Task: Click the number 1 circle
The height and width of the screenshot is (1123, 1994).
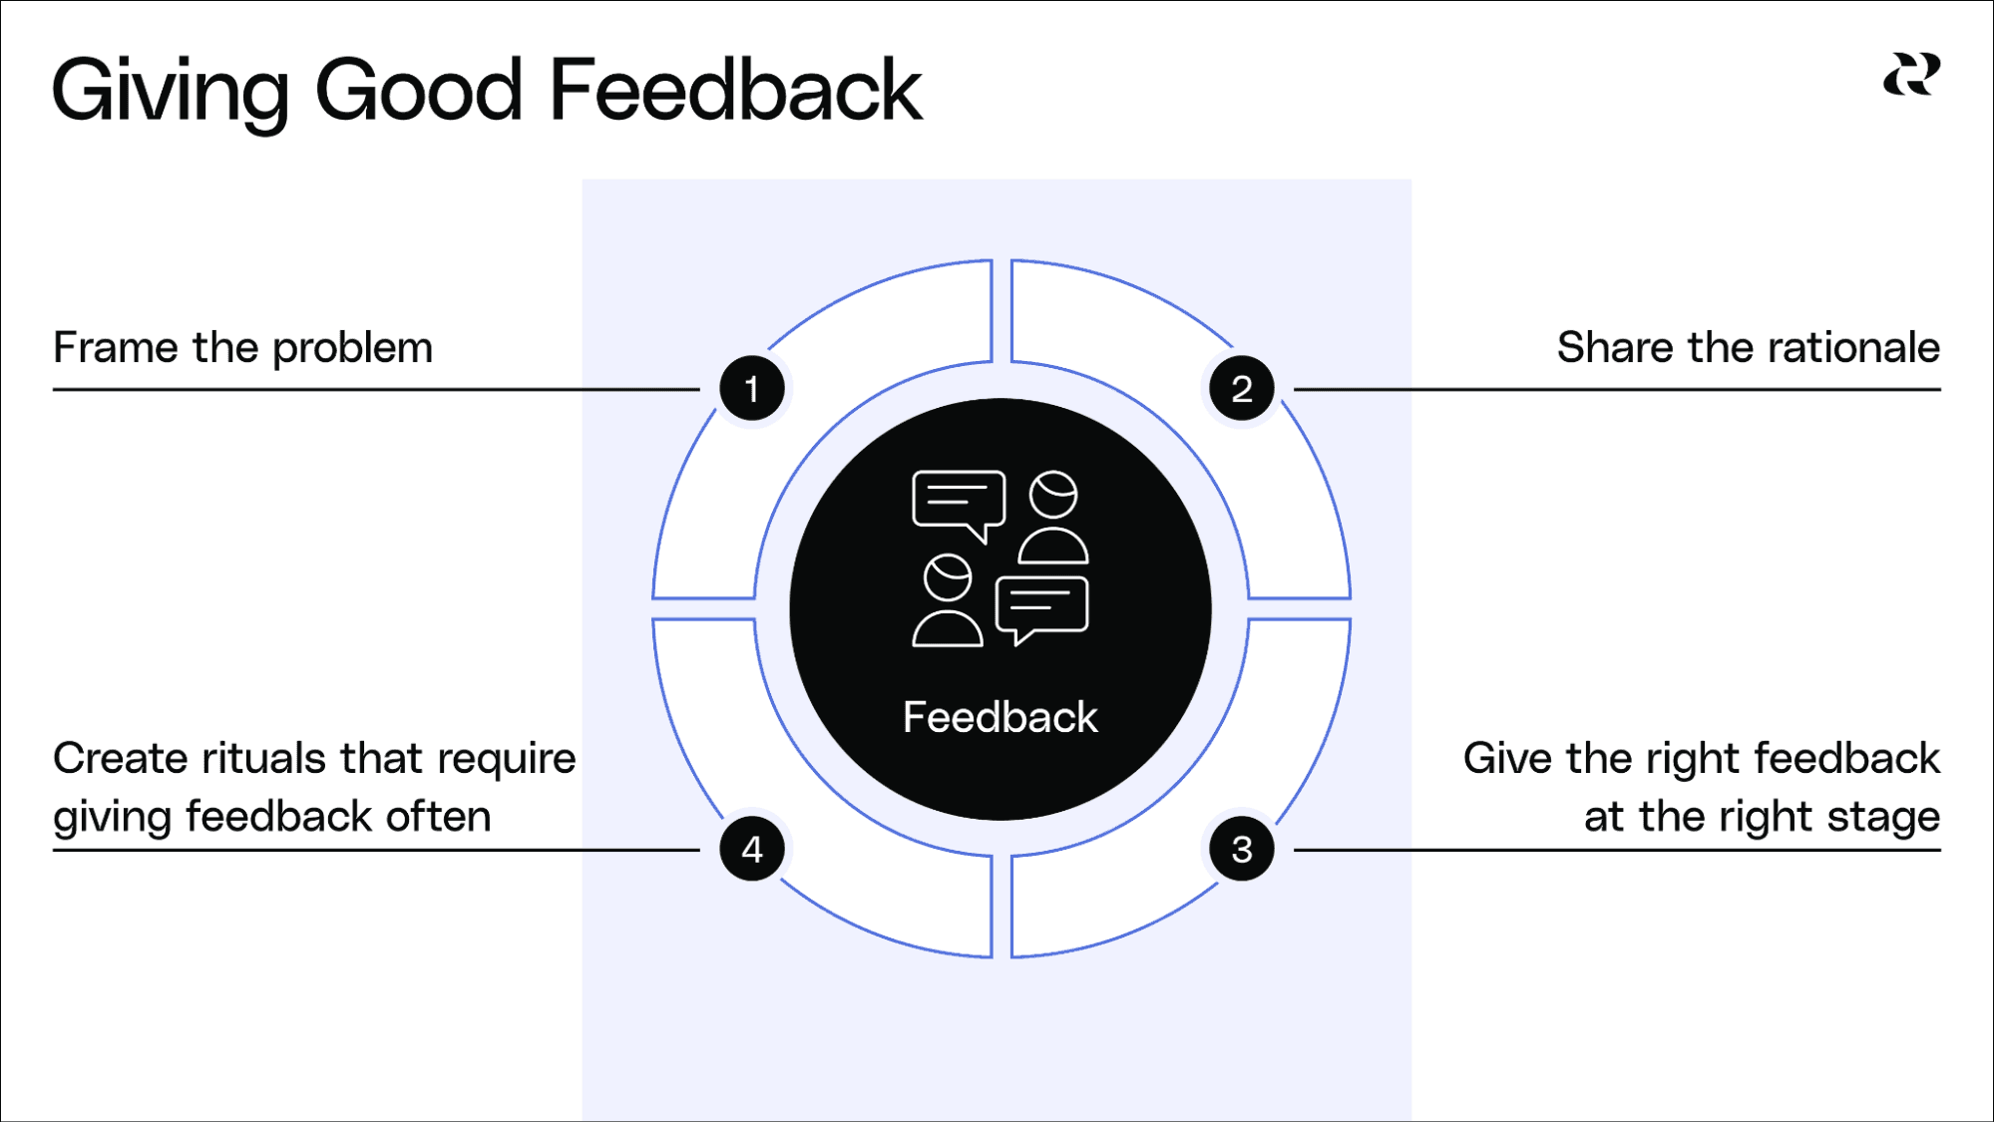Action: [752, 389]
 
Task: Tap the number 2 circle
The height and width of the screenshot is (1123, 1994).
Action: [1241, 389]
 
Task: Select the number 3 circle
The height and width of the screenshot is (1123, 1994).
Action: [1241, 850]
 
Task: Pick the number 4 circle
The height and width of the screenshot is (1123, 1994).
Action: [752, 850]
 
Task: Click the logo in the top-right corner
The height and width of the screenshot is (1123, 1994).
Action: [1911, 75]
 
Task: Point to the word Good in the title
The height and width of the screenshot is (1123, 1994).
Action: [418, 90]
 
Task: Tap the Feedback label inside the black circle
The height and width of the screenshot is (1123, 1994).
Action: [999, 717]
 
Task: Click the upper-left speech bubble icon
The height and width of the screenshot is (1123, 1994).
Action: [958, 501]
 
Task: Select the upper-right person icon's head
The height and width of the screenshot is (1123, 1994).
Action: [1053, 495]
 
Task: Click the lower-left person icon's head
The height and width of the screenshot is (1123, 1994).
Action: [948, 577]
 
